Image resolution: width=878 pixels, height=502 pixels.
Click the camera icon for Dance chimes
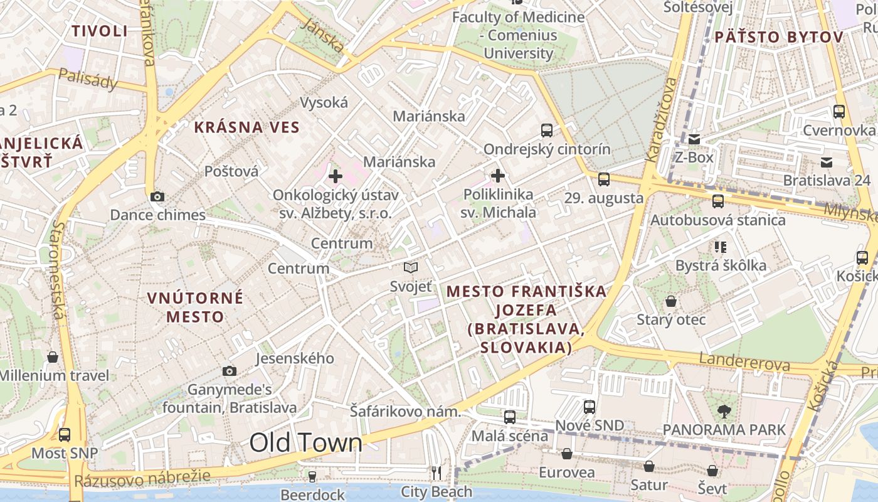pyautogui.click(x=157, y=197)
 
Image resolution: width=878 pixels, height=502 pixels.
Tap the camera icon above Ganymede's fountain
pyautogui.click(x=230, y=371)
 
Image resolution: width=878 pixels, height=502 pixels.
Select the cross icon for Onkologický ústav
pyautogui.click(x=336, y=176)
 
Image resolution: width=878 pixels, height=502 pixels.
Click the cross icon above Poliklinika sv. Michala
pyautogui.click(x=498, y=176)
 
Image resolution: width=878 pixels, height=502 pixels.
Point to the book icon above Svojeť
pyautogui.click(x=411, y=268)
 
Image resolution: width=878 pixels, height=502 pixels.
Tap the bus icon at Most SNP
pyautogui.click(x=65, y=434)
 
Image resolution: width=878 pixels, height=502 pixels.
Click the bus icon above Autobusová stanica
pyautogui.click(x=718, y=201)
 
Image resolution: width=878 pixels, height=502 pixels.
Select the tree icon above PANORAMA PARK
pyautogui.click(x=724, y=412)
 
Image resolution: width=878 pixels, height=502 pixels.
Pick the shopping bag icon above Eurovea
pyautogui.click(x=567, y=454)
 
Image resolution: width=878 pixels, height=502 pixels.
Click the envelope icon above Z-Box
pyautogui.click(x=694, y=139)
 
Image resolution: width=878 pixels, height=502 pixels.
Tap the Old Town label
pyautogui.click(x=306, y=443)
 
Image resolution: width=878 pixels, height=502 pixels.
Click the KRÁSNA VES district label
pyautogui.click(x=247, y=127)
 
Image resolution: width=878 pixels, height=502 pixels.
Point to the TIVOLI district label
pyautogui.click(x=100, y=31)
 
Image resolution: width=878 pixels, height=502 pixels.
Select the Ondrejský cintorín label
pyautogui.click(x=547, y=149)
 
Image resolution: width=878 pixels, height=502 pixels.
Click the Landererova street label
pyautogui.click(x=744, y=361)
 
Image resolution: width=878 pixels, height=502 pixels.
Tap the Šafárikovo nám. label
pyautogui.click(x=405, y=412)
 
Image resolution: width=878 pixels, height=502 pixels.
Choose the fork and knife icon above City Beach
pyautogui.click(x=436, y=473)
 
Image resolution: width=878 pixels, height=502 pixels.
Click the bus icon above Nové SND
pyautogui.click(x=590, y=407)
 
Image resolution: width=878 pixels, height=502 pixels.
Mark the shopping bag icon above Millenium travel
pyautogui.click(x=53, y=357)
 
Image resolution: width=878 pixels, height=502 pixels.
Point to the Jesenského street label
pyautogui.click(x=295, y=358)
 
